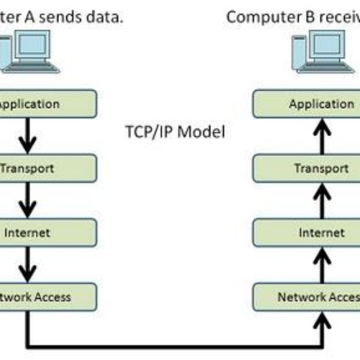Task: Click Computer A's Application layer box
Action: point(47,104)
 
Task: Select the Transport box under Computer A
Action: point(47,168)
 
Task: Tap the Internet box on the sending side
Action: point(47,232)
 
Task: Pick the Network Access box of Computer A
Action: point(47,295)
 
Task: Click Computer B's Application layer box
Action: point(306,104)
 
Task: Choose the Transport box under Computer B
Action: point(306,168)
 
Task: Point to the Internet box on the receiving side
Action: point(306,232)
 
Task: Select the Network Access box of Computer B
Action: point(306,295)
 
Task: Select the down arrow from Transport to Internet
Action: point(28,199)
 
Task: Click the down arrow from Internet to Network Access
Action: point(28,264)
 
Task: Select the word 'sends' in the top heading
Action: point(60,16)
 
